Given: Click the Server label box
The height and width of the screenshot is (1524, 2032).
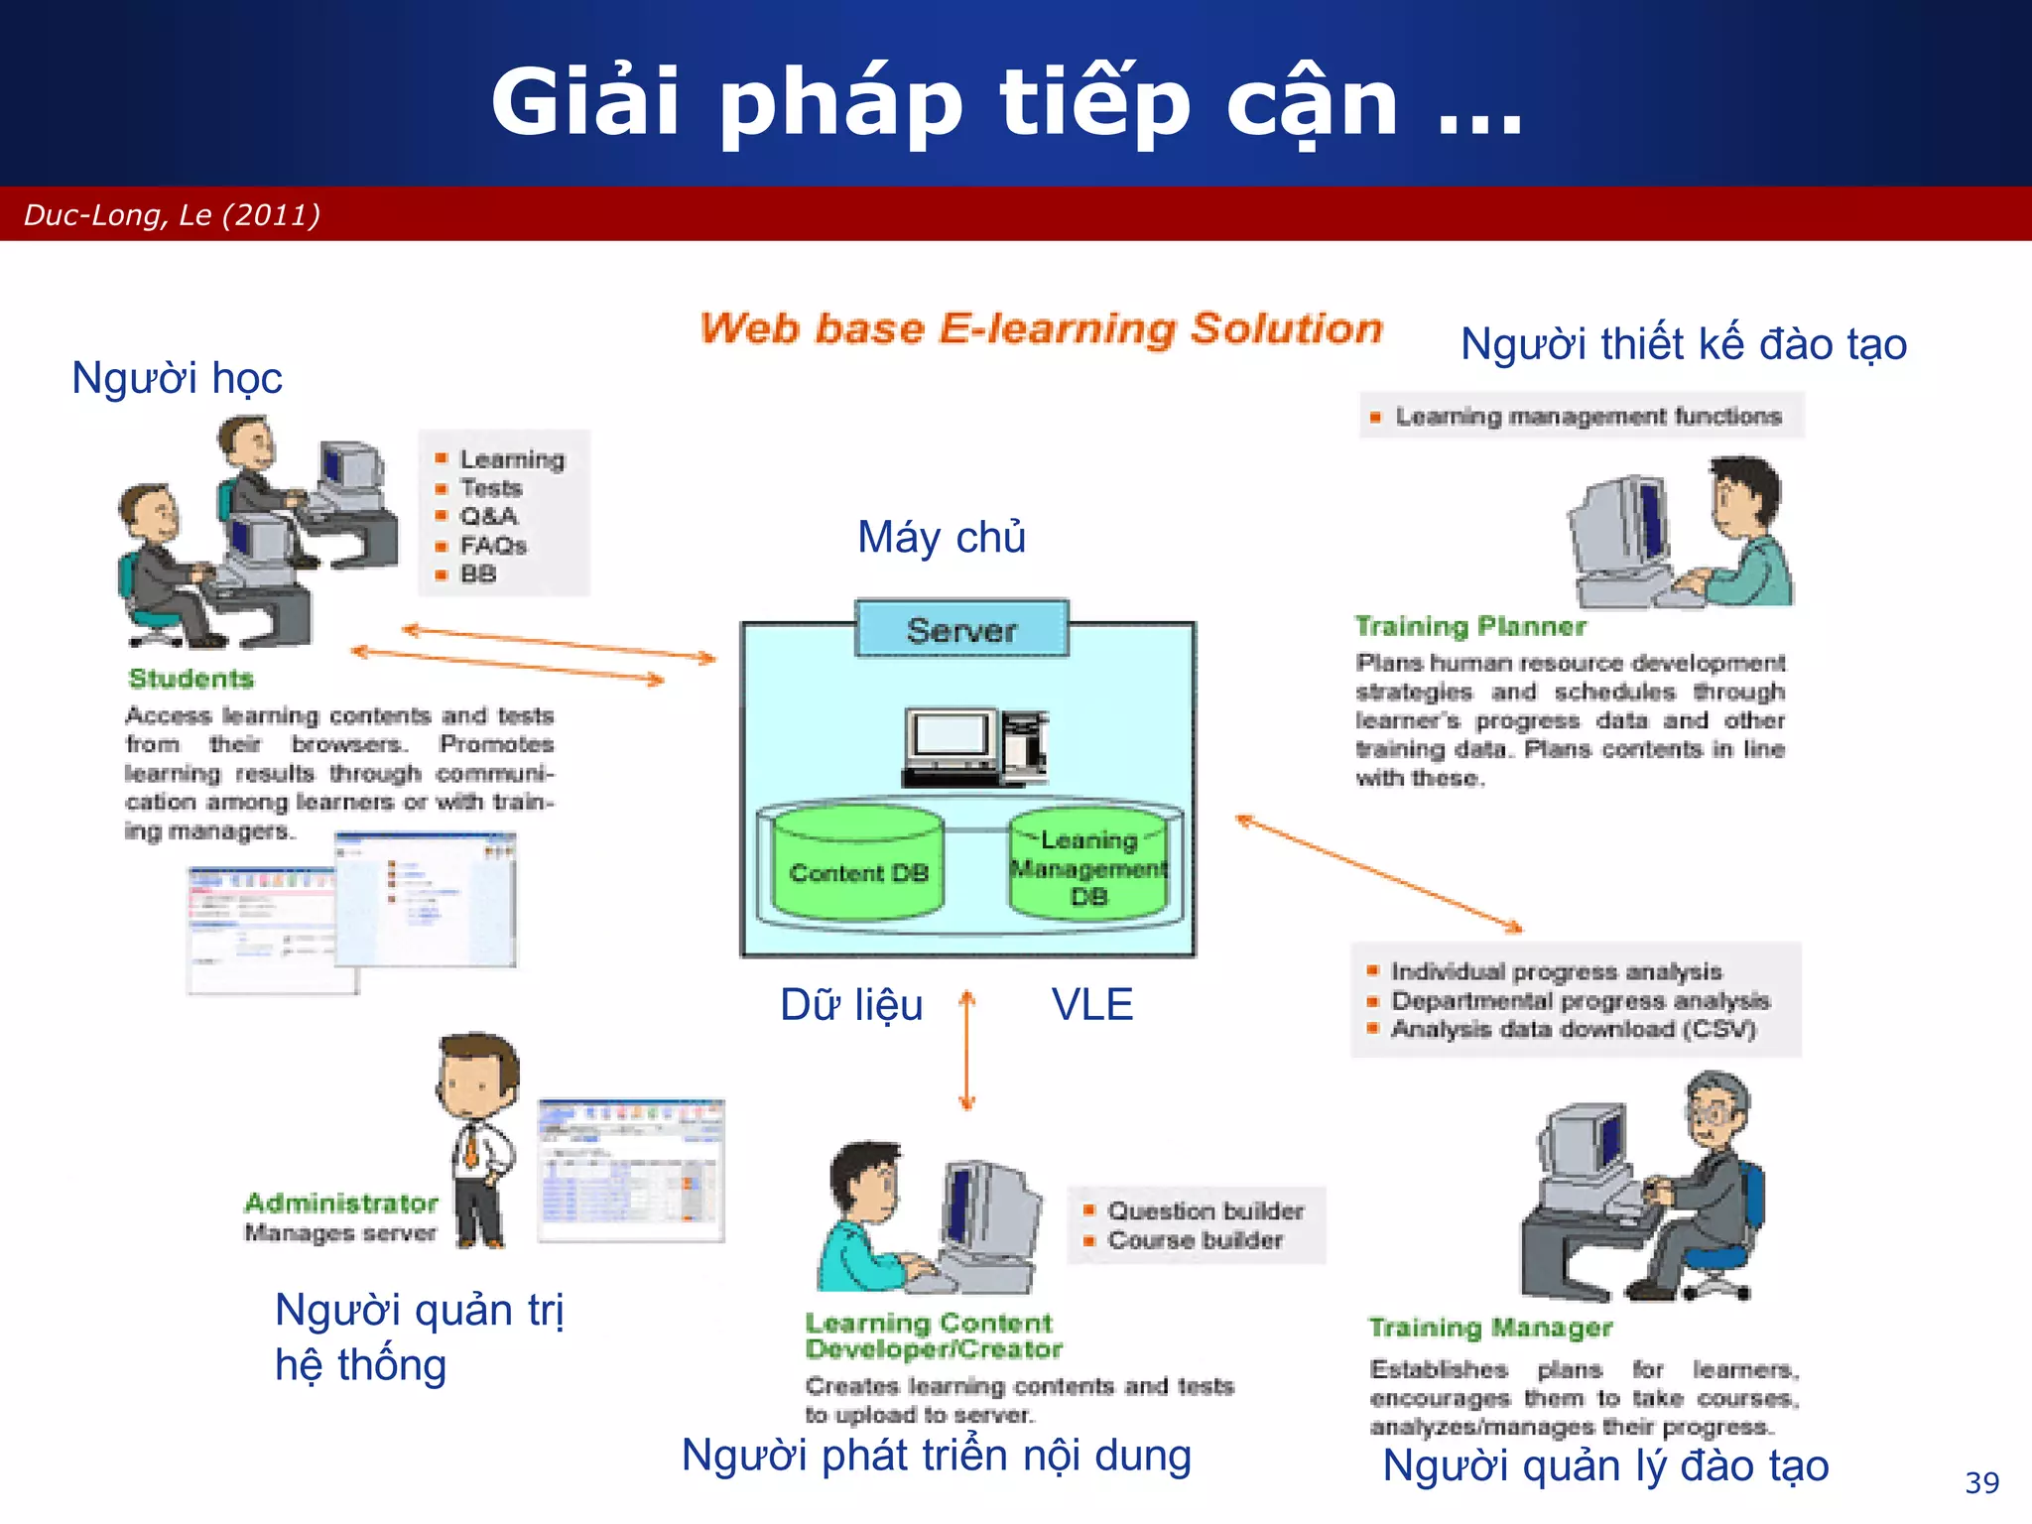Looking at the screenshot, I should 961,629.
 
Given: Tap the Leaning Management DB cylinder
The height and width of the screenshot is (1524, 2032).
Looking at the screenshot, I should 1088,868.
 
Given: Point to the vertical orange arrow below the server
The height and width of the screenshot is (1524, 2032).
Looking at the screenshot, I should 967,1050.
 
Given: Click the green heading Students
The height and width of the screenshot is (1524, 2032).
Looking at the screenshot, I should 191,679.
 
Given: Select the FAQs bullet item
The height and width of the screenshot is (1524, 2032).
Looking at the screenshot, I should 492,545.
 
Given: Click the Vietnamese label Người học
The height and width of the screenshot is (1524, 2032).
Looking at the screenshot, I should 177,378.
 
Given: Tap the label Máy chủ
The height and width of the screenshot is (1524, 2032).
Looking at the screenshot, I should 941,537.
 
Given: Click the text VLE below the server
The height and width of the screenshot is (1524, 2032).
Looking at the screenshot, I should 1091,1004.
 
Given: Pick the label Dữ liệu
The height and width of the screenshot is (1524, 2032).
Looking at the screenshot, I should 851,1004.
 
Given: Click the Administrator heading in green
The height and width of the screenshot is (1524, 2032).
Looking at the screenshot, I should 340,1203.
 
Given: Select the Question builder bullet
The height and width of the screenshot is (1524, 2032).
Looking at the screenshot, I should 1205,1210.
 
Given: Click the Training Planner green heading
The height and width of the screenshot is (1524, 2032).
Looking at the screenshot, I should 1470,626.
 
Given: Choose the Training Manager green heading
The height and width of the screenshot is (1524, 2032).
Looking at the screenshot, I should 1490,1327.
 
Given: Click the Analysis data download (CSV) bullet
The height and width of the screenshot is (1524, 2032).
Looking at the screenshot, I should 1573,1029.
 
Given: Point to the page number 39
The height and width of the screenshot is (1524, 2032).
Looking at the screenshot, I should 1981,1482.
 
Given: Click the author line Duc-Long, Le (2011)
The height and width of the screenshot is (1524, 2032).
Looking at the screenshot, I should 172,214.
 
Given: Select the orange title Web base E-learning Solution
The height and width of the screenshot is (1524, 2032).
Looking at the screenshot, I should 1041,328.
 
